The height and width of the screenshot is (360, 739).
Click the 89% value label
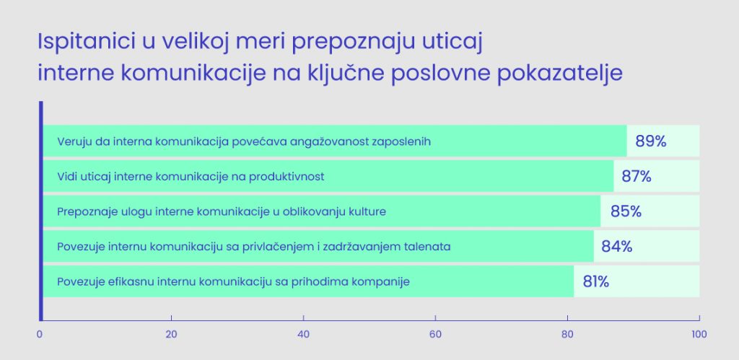tap(651, 141)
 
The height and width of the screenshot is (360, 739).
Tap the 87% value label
tap(637, 176)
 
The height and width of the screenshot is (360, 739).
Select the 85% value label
tap(626, 211)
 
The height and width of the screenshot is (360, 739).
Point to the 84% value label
tap(616, 247)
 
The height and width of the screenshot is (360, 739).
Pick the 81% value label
tap(595, 282)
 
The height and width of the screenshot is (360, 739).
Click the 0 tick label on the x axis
tap(40, 335)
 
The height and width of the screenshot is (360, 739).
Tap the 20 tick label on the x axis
tap(171, 335)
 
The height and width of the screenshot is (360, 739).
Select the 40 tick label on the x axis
tap(304, 335)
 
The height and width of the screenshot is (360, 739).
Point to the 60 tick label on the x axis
tap(435, 335)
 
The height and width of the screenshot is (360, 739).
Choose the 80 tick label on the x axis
tap(567, 335)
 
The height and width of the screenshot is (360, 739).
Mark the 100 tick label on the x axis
tap(699, 335)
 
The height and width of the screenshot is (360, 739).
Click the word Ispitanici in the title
tap(87, 43)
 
